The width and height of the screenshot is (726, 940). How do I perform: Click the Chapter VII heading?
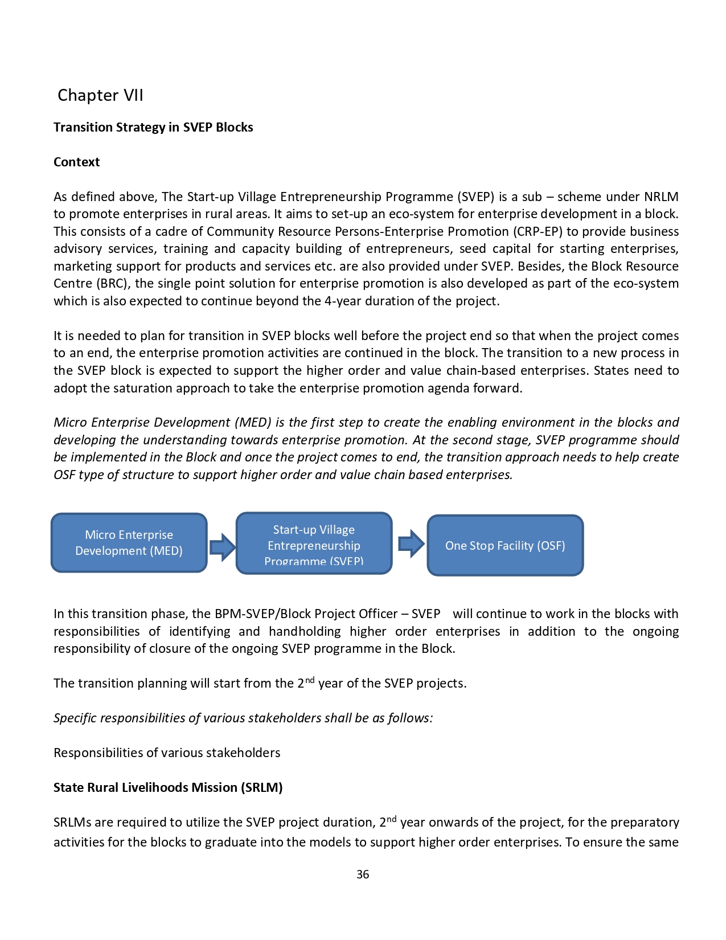(x=100, y=95)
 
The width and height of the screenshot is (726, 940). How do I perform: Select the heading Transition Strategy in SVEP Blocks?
(x=153, y=127)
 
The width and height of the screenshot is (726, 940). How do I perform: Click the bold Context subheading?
(x=76, y=162)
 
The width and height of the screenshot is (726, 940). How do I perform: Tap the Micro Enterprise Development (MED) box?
(x=129, y=543)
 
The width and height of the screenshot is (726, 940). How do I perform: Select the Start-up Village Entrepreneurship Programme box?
(x=314, y=543)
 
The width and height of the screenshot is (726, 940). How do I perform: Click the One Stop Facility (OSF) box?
(x=505, y=546)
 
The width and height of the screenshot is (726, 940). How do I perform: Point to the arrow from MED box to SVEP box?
(x=222, y=547)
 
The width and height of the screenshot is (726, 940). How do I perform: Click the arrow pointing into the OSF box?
(x=411, y=543)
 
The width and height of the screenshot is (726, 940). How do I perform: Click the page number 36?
(x=363, y=874)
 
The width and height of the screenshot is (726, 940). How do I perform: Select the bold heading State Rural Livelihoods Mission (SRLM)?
(x=168, y=787)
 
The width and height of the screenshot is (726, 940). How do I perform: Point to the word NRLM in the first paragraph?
(x=661, y=197)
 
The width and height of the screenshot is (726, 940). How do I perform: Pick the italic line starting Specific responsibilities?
(x=243, y=718)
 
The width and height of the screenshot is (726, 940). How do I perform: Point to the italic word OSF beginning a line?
(x=64, y=475)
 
